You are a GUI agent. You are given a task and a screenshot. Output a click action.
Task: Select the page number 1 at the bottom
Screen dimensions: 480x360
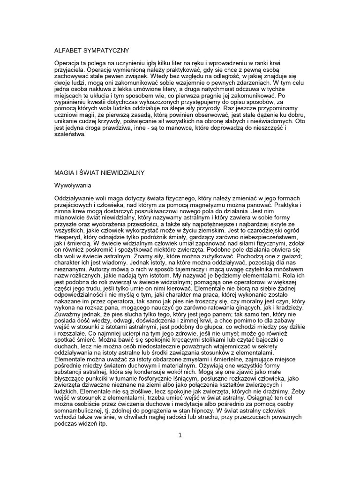(180, 435)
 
